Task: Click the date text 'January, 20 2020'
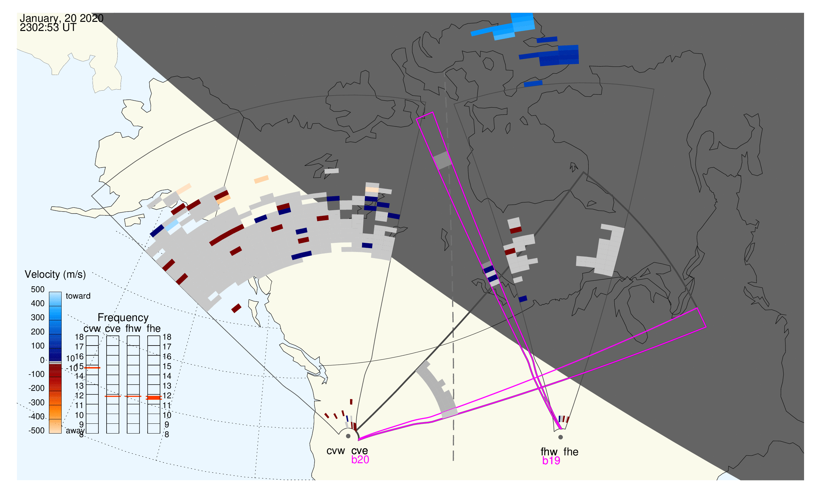point(61,18)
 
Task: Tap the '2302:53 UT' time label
point(48,28)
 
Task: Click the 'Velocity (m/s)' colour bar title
point(55,274)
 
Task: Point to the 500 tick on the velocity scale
point(37,289)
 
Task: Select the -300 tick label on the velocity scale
point(36,403)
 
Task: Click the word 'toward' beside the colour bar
point(78,296)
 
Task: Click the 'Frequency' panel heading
point(123,318)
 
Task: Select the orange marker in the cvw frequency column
point(92,368)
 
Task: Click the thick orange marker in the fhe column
point(154,397)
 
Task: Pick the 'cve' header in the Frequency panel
point(112,329)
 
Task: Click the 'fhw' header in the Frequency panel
point(133,329)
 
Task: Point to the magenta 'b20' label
point(360,460)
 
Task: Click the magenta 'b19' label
point(551,461)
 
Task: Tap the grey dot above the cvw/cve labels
point(348,436)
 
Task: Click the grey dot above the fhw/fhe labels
point(561,437)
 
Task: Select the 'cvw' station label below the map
point(335,451)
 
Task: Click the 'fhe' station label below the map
point(571,452)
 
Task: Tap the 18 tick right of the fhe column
point(167,337)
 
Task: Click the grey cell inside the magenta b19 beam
point(442,160)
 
